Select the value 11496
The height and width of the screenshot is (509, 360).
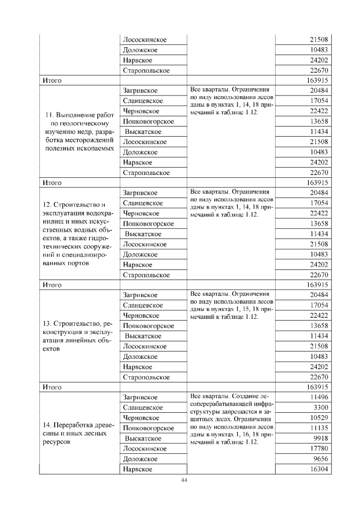[x=318, y=397]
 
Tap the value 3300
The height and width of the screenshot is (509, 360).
[x=321, y=407]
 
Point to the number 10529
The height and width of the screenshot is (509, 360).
[x=318, y=417]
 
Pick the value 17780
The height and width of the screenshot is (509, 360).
[x=318, y=448]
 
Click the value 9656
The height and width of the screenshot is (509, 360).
[x=320, y=458]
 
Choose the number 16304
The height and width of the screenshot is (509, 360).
[x=318, y=469]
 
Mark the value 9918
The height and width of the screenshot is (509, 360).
[x=320, y=438]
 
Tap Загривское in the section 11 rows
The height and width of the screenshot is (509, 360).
[x=140, y=91]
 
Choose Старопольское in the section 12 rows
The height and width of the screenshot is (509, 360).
[x=146, y=274]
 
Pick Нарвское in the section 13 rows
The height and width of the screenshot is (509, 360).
[x=137, y=367]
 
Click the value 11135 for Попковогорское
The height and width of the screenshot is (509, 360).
[x=318, y=428]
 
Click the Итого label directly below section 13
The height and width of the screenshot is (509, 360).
[x=52, y=387]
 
